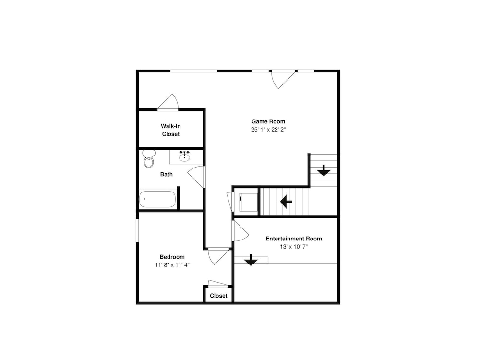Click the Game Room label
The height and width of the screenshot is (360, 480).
tap(268, 121)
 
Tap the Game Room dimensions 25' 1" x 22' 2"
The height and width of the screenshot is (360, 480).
tap(268, 130)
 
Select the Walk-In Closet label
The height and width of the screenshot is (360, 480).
tap(171, 130)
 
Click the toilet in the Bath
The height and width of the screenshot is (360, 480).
tap(149, 158)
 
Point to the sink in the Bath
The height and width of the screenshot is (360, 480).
tap(184, 156)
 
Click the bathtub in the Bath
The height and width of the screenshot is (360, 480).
tap(157, 199)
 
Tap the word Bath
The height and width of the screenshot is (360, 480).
tap(166, 175)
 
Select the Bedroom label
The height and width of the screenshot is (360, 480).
tap(172, 257)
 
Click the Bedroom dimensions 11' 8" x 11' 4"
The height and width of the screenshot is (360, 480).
tap(172, 265)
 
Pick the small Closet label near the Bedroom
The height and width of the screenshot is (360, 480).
tap(218, 296)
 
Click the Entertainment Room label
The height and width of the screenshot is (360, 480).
tap(294, 239)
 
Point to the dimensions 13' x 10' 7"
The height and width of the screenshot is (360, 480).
tap(294, 247)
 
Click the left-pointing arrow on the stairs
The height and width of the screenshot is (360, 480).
tap(286, 202)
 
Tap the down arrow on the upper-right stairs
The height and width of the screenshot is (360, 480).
tap(324, 170)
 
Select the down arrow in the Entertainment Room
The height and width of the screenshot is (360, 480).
tap(251, 260)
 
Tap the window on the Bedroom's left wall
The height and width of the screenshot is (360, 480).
tap(137, 230)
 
